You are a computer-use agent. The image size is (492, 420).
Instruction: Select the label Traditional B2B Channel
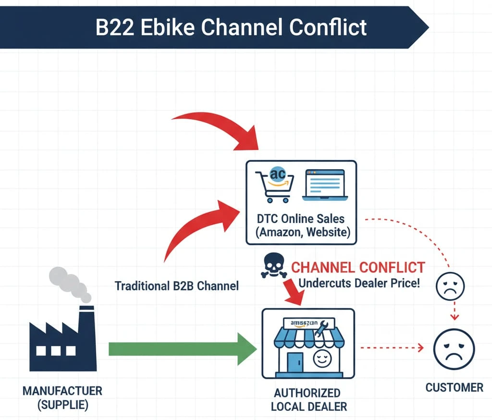(176, 286)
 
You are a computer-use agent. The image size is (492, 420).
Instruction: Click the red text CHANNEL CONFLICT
(358, 267)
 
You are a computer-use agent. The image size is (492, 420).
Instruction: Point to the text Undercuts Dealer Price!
(359, 283)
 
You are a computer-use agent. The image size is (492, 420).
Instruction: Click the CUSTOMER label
(454, 387)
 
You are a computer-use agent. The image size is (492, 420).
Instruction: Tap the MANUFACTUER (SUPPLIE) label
(62, 398)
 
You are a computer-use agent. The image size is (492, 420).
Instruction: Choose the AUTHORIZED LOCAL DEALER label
(308, 399)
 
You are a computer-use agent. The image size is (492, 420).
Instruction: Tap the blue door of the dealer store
(295, 362)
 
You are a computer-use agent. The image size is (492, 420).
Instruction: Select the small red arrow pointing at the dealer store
(293, 291)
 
